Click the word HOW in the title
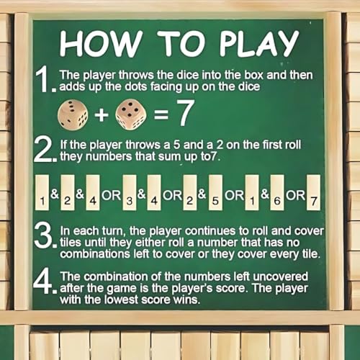click(100, 44)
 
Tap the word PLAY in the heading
click(260, 43)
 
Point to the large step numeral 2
click(45, 149)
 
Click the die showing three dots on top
click(73, 115)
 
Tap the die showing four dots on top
click(131, 114)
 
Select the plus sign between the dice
click(102, 114)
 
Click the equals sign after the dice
click(161, 114)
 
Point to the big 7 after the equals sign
click(185, 112)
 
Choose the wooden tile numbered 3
click(130, 192)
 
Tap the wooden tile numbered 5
click(215, 192)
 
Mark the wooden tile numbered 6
click(277, 192)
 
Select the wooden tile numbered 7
click(314, 192)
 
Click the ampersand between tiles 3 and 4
click(142, 194)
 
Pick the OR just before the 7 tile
click(295, 195)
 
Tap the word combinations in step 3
click(95, 254)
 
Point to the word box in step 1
click(254, 75)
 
